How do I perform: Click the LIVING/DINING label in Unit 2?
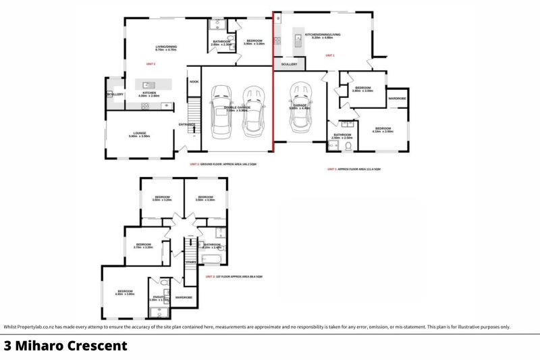click(x=165, y=47)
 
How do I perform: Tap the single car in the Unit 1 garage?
click(x=300, y=111)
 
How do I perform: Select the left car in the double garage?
click(x=221, y=110)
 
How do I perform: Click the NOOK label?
click(x=194, y=82)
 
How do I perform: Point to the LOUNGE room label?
click(x=140, y=133)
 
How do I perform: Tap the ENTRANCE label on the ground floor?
click(x=187, y=124)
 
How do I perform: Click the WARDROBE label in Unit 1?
click(x=397, y=99)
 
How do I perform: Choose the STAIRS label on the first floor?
click(x=191, y=261)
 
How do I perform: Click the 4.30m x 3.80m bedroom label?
click(x=126, y=291)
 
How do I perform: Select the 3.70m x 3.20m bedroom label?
click(x=143, y=245)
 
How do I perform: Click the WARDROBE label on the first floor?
click(x=184, y=297)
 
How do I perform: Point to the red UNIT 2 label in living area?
click(x=151, y=64)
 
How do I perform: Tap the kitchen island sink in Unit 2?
click(x=146, y=85)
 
